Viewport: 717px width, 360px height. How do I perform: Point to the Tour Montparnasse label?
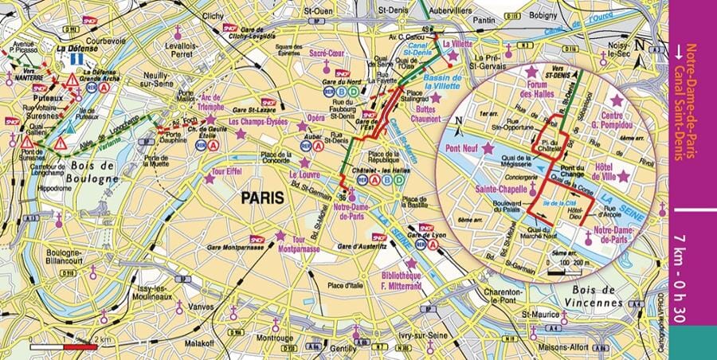click(300, 244)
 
